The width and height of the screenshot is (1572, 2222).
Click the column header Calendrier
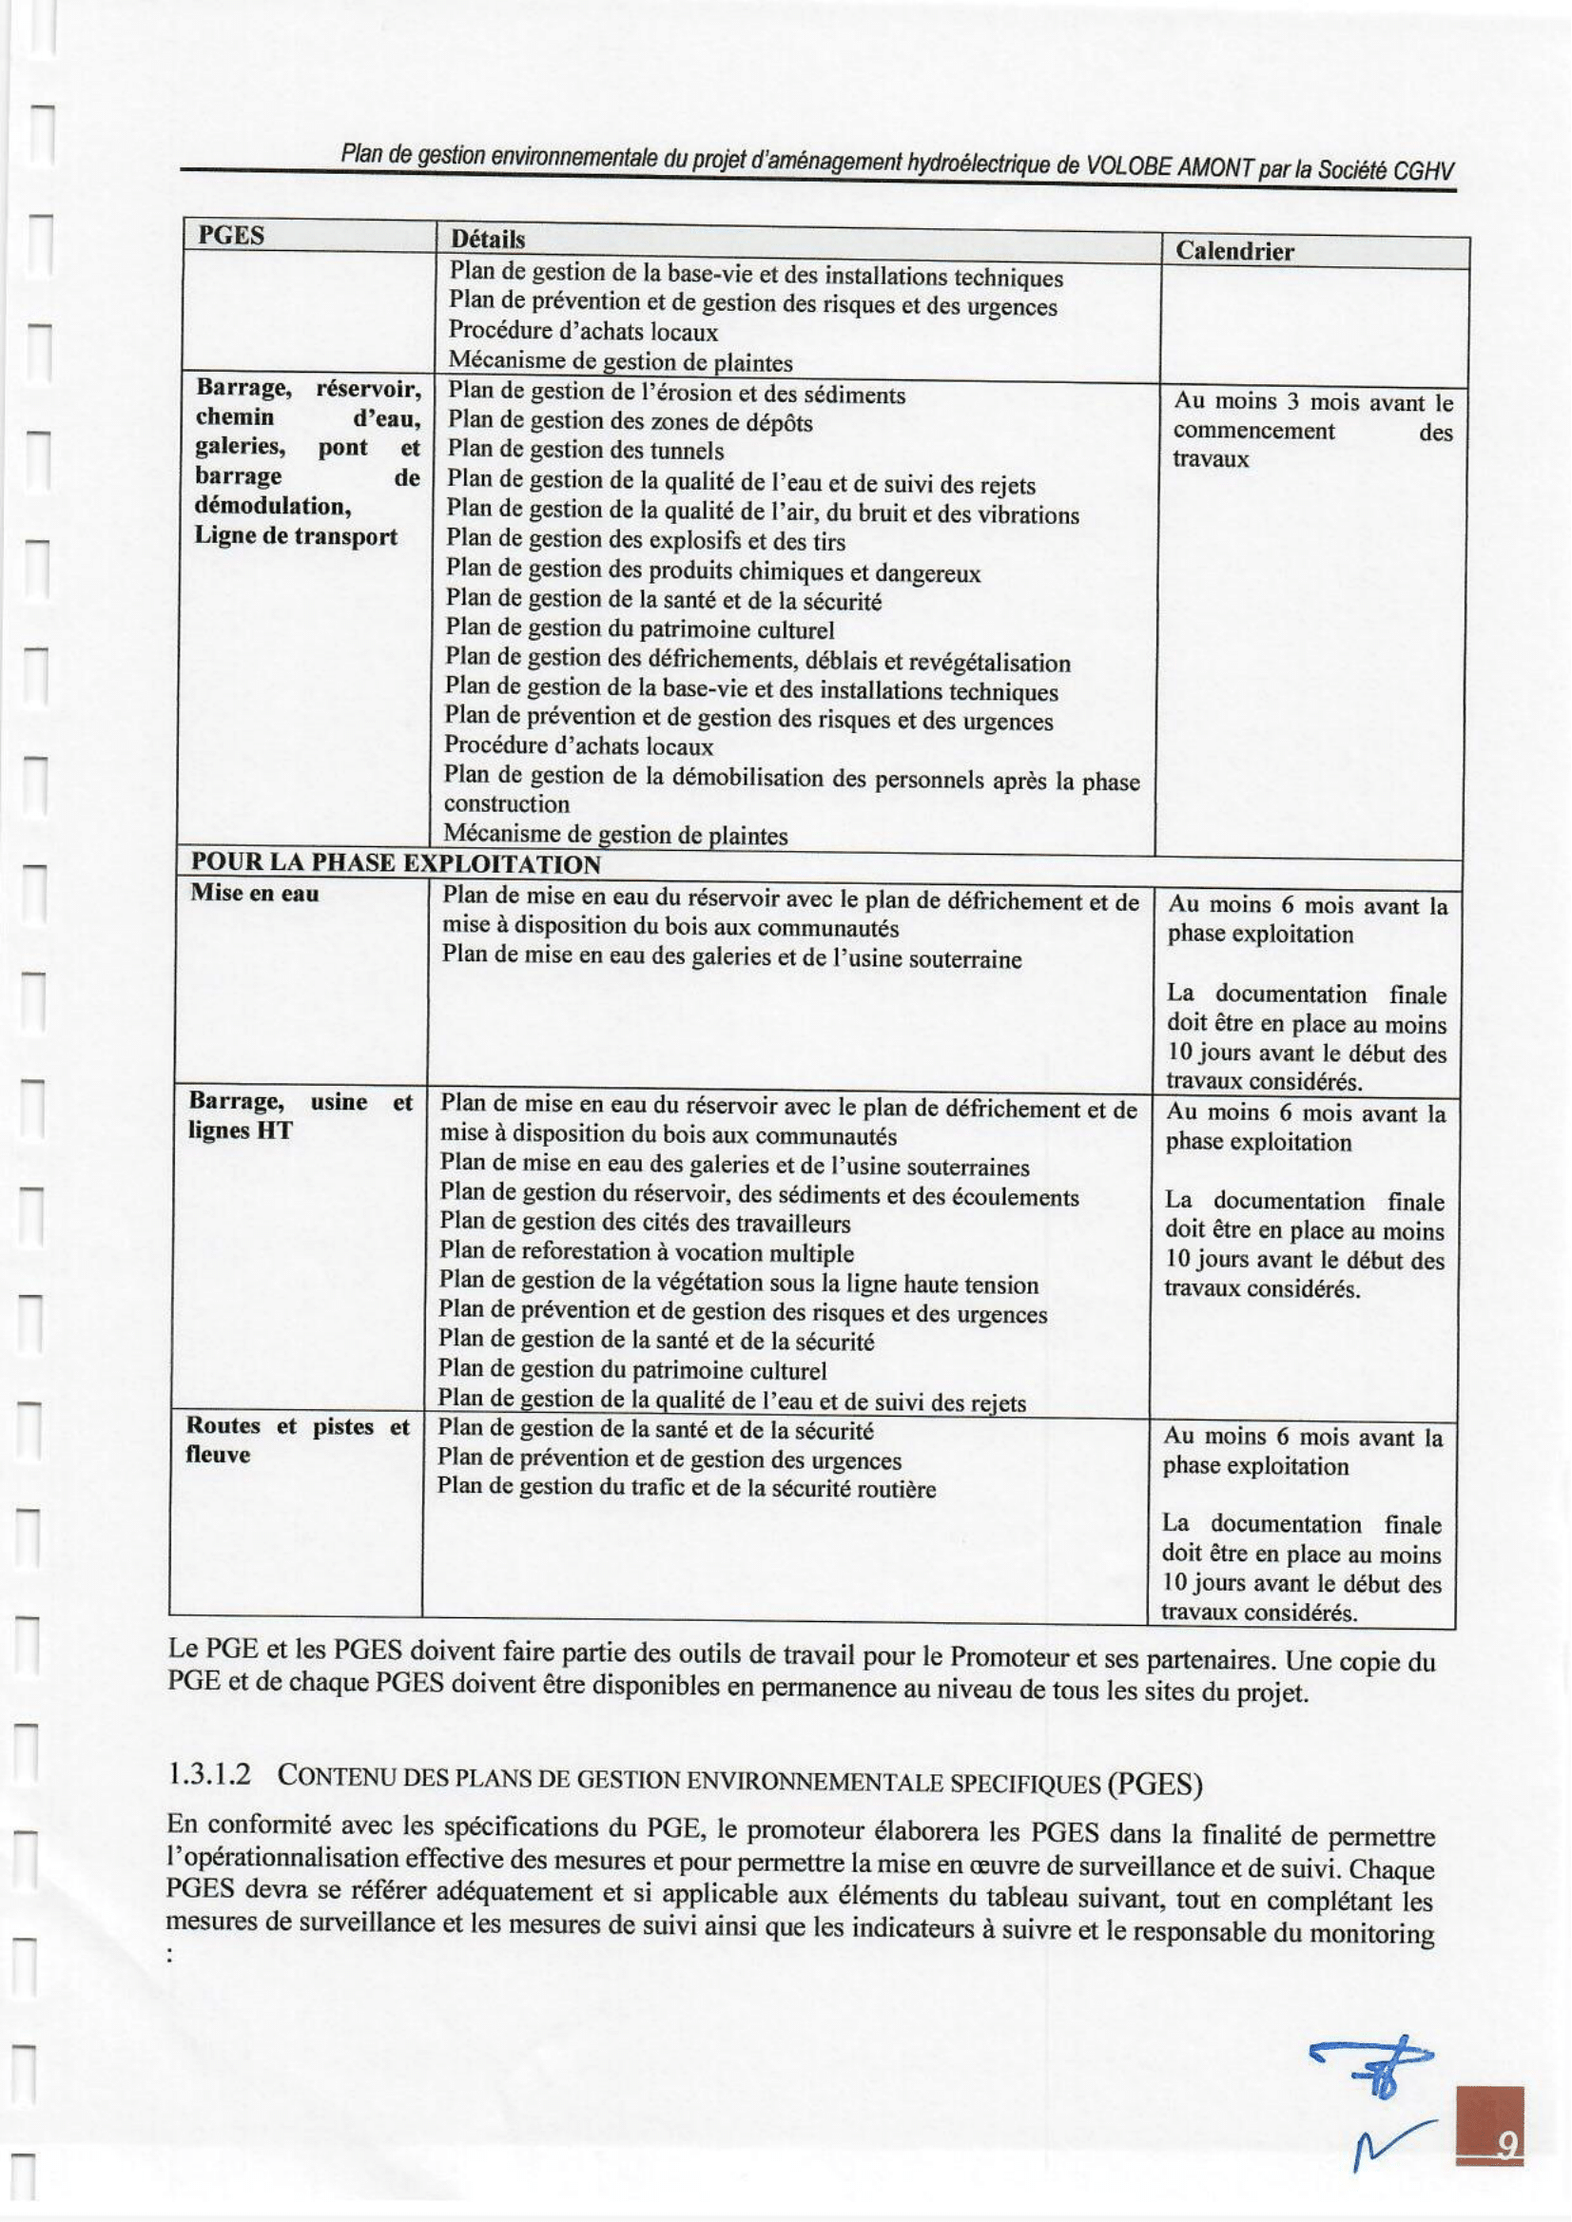pos(1233,252)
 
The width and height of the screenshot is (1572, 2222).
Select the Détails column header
pos(488,238)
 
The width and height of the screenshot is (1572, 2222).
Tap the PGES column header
pos(231,235)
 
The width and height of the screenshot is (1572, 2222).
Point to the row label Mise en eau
pos(255,893)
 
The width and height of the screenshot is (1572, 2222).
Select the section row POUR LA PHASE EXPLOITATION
pos(395,863)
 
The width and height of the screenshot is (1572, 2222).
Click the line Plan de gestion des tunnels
pos(585,451)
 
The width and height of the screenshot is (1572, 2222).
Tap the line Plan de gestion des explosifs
pos(645,541)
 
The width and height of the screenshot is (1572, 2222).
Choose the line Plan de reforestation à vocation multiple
pos(646,1253)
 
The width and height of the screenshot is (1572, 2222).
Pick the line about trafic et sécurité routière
pos(687,1489)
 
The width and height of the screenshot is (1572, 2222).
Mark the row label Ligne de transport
pos(295,537)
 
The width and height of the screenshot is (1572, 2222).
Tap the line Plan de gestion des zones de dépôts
pos(631,423)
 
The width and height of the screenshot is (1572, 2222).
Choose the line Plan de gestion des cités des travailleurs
pos(645,1224)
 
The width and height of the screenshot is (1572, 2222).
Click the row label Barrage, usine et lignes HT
pos(301,1116)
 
